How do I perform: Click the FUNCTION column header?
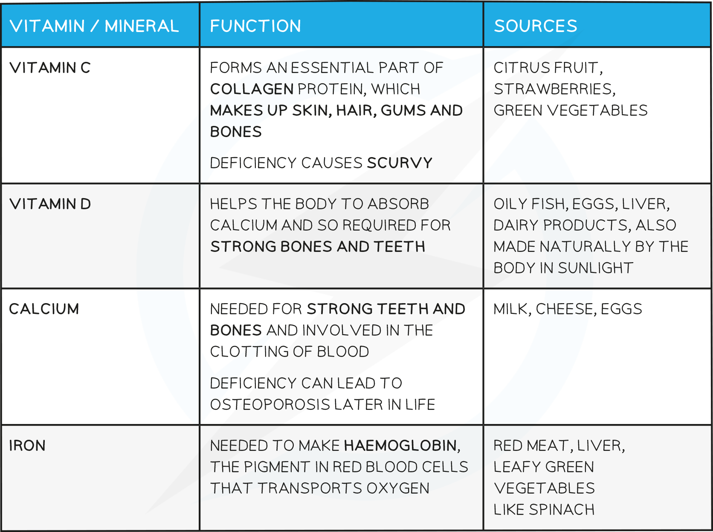(255, 26)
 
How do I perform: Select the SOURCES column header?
(535, 26)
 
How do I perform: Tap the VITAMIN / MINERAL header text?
(94, 26)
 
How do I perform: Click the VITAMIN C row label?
(50, 68)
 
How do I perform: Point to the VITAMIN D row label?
(50, 204)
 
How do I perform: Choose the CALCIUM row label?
(44, 309)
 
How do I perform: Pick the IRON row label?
(27, 445)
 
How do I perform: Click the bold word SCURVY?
(400, 163)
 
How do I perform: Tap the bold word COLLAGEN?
(252, 89)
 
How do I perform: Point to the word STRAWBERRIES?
(554, 89)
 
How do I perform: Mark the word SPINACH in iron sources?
(562, 509)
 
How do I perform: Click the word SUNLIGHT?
(596, 268)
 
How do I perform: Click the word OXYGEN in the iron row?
(398, 488)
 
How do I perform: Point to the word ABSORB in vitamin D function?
(398, 204)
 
